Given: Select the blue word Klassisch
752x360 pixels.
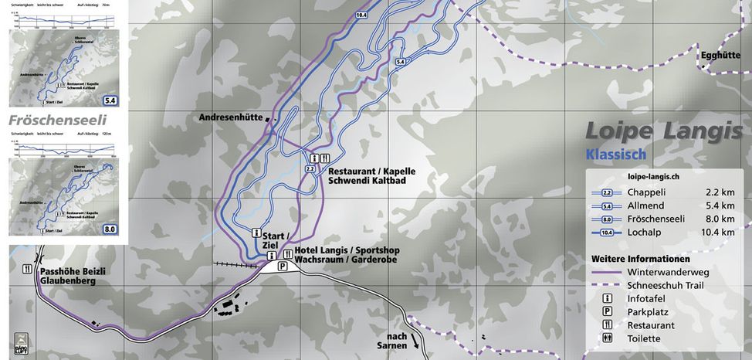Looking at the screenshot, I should [x=615, y=155].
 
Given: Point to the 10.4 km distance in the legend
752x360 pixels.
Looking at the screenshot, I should [x=720, y=232].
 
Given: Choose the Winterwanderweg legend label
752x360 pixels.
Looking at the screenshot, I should [x=668, y=272].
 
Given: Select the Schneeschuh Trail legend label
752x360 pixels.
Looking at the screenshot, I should [x=666, y=285].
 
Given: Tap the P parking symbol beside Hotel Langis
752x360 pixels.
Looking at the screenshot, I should [x=283, y=267].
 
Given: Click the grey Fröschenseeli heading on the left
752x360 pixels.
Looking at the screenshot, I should [x=56, y=121].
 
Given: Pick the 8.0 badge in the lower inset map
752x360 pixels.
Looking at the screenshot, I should [x=109, y=229].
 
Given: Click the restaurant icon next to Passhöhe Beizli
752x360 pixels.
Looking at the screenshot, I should [x=27, y=269].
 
